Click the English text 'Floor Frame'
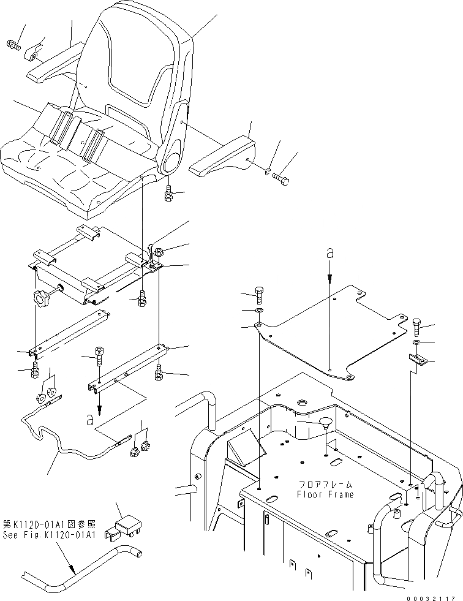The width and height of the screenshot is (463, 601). [325, 494]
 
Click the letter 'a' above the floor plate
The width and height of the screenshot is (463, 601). [329, 252]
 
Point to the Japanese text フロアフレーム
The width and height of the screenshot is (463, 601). [326, 484]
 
